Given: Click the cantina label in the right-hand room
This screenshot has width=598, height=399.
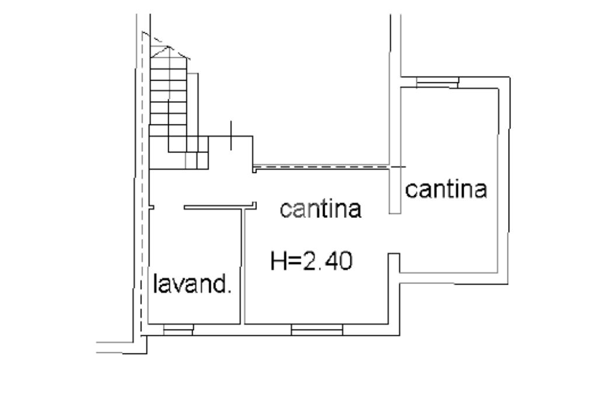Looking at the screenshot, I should (447, 190).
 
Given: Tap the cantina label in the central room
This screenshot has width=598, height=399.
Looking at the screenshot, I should (321, 209).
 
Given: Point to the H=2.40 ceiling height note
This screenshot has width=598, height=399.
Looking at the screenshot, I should (311, 261).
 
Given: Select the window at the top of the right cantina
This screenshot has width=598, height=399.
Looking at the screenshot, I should (437, 82).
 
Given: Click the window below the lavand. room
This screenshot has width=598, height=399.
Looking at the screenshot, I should (178, 331).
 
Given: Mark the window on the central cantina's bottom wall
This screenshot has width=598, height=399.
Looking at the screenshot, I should (317, 331).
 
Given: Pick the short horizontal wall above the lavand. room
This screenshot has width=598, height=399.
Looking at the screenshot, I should (220, 206).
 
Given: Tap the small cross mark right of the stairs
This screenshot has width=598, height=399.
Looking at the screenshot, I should (232, 136).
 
